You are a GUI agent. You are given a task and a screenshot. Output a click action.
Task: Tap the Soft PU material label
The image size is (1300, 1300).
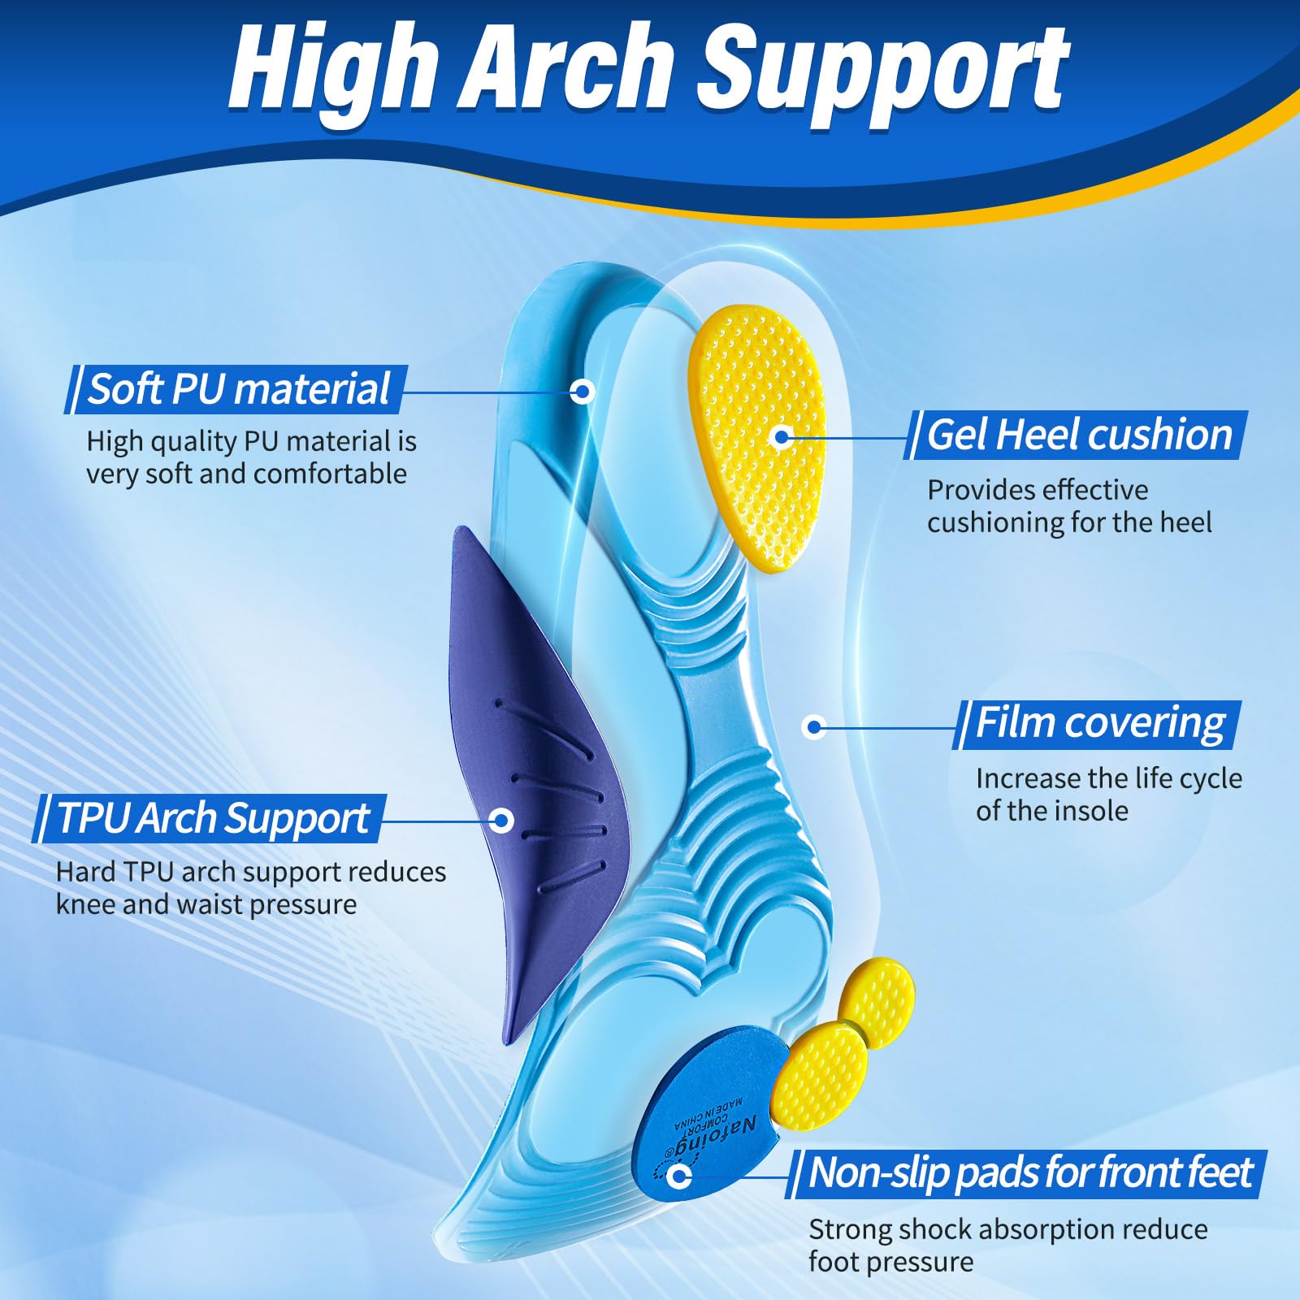(x=237, y=388)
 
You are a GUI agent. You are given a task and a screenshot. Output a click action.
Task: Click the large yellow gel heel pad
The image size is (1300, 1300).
(x=757, y=437)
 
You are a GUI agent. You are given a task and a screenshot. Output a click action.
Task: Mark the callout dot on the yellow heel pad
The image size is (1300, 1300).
(x=782, y=438)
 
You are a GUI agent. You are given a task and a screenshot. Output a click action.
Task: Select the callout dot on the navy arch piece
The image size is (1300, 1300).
(x=502, y=820)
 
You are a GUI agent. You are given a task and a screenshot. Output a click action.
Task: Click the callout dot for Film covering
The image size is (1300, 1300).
(x=814, y=726)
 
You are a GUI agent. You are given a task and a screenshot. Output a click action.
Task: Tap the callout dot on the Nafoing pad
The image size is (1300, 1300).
(x=679, y=1176)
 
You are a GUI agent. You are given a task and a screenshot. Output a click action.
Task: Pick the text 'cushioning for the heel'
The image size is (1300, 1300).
(x=1069, y=522)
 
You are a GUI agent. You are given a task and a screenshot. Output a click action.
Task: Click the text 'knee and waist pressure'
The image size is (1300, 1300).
(x=206, y=905)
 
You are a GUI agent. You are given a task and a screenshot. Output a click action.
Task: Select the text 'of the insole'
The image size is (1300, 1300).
(x=1052, y=811)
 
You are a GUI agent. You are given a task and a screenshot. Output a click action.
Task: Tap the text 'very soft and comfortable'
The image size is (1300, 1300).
(x=247, y=474)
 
